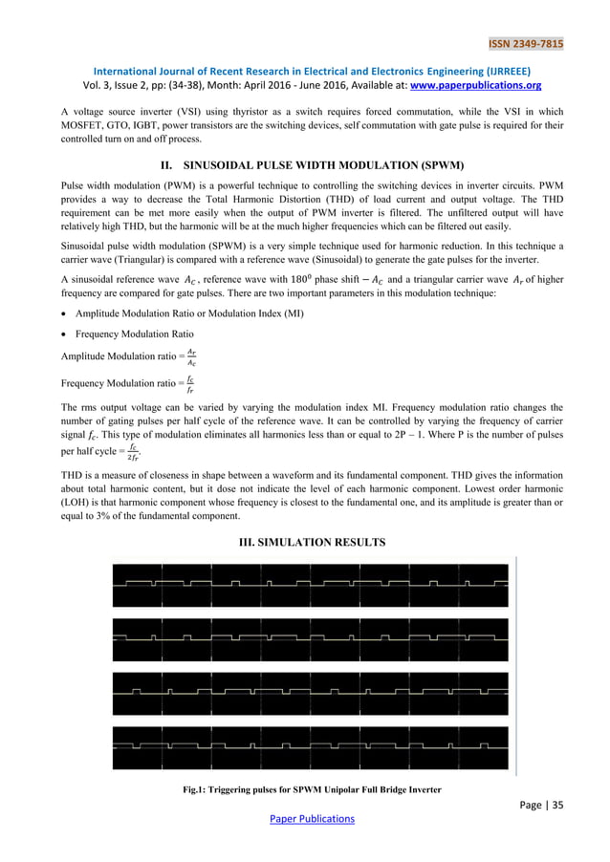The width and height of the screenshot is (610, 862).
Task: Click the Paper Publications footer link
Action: [305, 819]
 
